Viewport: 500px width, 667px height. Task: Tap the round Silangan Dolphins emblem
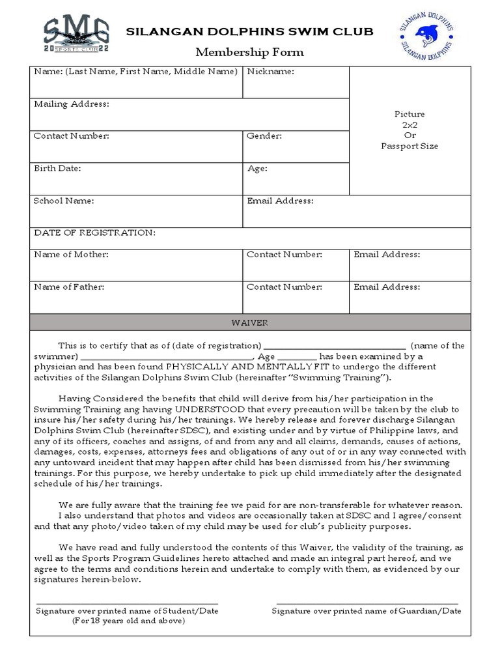click(426, 36)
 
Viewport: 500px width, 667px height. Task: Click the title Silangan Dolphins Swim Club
click(250, 31)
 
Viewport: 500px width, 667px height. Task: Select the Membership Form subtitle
click(250, 52)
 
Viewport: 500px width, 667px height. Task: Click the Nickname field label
click(270, 72)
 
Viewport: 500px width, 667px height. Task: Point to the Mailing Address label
click(72, 104)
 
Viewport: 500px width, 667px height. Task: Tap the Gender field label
click(264, 136)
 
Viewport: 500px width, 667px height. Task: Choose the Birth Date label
click(57, 168)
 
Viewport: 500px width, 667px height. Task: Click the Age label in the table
click(258, 168)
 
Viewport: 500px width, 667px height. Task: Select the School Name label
click(64, 201)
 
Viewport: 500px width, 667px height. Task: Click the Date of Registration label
click(94, 233)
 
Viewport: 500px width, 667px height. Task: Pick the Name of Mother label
click(71, 255)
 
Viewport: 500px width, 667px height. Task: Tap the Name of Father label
click(69, 287)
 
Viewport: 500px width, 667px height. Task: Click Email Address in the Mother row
click(387, 255)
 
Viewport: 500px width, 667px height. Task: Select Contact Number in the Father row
click(284, 287)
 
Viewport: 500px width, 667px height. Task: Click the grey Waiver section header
click(250, 322)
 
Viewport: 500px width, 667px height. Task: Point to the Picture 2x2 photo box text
click(410, 130)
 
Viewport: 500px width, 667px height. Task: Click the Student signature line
click(127, 603)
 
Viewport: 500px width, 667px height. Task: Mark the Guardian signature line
click(367, 603)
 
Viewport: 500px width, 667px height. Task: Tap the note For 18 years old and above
click(128, 621)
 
